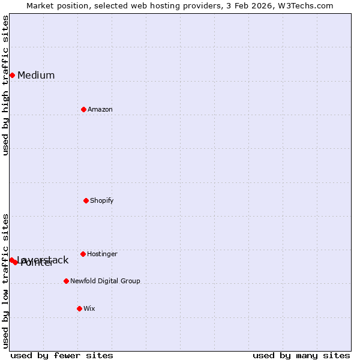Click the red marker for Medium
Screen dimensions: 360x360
12,75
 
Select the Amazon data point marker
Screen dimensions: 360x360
83,109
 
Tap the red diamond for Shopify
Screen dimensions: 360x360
86,200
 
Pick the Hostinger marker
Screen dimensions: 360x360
83,254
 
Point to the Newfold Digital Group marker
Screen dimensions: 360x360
66,281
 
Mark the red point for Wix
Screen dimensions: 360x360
79,308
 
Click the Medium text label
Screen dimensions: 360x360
36,76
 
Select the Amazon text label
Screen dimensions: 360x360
100,110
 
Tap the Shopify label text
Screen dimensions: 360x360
102,201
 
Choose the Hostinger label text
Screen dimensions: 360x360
102,254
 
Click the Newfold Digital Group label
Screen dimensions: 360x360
105,281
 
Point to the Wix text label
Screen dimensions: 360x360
89,309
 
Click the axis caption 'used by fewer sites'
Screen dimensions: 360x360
62,355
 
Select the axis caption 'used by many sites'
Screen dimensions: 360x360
301,355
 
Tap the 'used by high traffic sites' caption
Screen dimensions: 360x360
5,85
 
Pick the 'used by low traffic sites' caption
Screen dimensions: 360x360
5,281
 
